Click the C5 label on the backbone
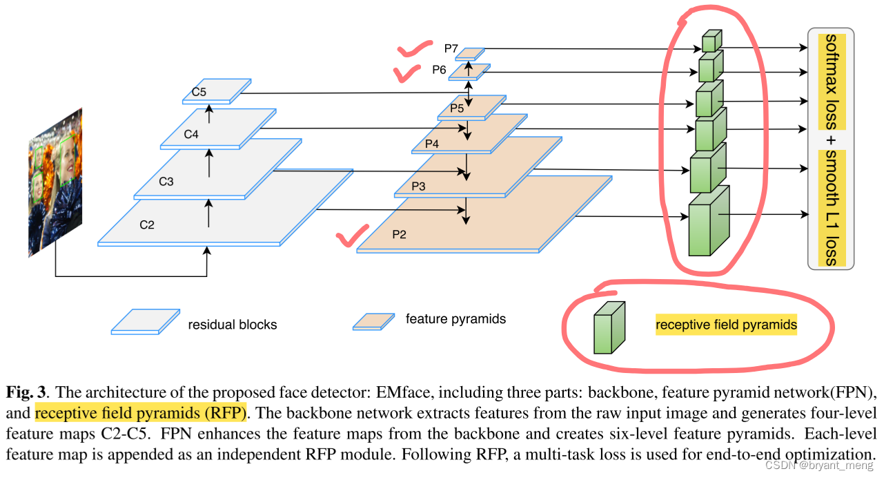tap(199, 92)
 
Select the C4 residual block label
tap(191, 134)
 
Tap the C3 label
tap(166, 182)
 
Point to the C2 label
tap(147, 224)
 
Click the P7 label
tap(451, 48)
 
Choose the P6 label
tap(440, 69)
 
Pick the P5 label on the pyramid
tap(457, 108)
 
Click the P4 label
tap(432, 144)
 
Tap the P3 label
tap(419, 187)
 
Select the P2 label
tap(400, 233)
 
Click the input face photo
tap(55, 182)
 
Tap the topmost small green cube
tap(711, 42)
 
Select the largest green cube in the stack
tap(709, 221)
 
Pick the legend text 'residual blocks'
tap(233, 324)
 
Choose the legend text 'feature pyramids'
tap(455, 318)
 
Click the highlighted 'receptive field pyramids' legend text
tap(726, 324)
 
